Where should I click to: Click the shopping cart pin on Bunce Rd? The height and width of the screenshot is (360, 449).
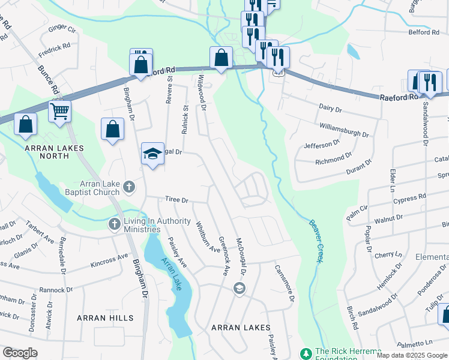tap(60, 110)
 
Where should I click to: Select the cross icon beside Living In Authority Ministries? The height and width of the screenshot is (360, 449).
tap(114, 224)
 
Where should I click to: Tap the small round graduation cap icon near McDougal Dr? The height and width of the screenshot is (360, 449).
tap(239, 289)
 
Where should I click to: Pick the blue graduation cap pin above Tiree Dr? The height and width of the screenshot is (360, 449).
tap(152, 154)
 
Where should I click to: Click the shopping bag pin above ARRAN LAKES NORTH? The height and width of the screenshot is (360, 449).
tap(25, 124)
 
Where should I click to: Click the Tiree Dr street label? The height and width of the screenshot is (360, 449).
tap(177, 200)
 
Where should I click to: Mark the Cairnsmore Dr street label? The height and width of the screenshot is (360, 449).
tap(285, 283)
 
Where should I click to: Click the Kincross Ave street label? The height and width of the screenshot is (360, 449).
tap(109, 260)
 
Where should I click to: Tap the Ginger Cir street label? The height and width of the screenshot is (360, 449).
tap(62, 28)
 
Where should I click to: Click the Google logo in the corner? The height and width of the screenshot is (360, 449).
tap(20, 353)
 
